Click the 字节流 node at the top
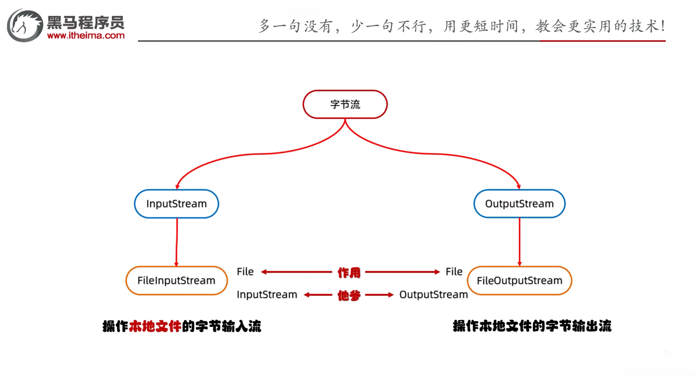coord(345,105)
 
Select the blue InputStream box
coord(177,204)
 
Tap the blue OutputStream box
coord(519,204)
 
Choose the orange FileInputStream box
coord(177,281)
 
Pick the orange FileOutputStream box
coord(519,281)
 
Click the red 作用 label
coord(349,273)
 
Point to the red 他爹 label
coord(349,295)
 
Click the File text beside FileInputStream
coord(245,272)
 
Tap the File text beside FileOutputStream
coord(454,272)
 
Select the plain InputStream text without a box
coord(267,295)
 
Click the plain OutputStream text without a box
coord(433,295)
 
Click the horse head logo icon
coord(25,25)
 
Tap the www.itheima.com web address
coord(86,35)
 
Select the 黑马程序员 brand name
coord(86,22)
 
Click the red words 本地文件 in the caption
coord(155,326)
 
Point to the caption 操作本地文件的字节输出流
coord(532,326)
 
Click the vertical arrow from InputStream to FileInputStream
coord(177,242)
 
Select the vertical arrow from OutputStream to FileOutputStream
coord(519,242)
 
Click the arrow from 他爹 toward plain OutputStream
coord(379,295)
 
